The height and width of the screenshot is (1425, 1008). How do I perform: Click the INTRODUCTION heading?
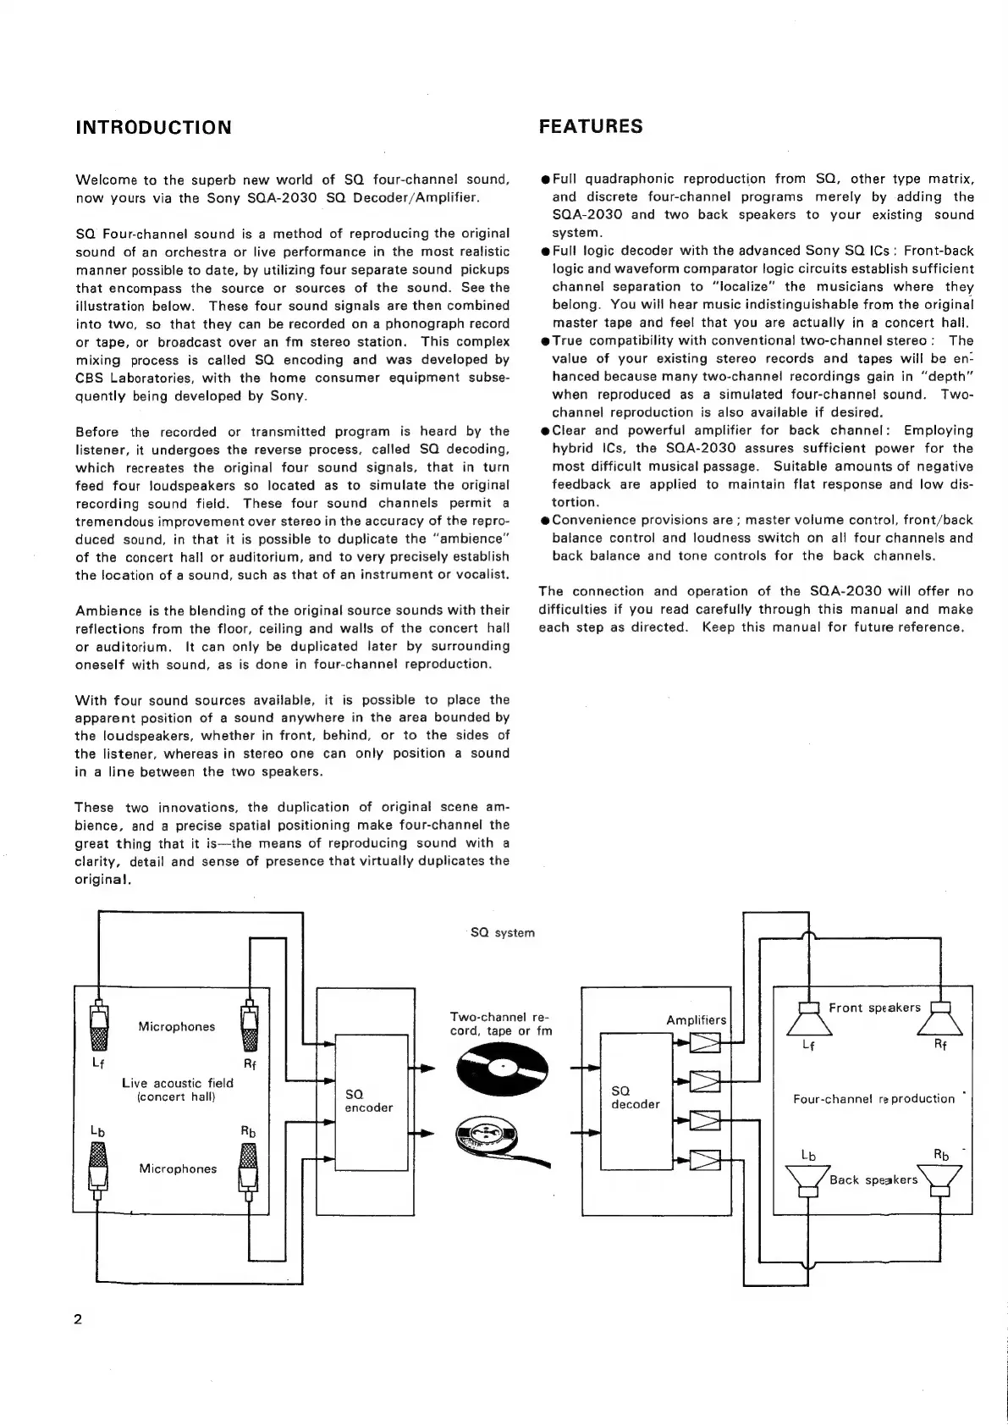[153, 128]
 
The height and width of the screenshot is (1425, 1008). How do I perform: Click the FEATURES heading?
[591, 127]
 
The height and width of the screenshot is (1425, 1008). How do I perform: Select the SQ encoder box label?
[369, 1101]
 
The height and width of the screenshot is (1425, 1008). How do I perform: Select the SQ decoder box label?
[635, 1097]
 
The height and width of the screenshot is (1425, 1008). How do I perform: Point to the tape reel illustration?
[499, 1140]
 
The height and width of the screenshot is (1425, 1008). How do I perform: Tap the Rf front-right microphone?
[250, 1028]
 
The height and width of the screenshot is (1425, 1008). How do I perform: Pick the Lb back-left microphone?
[99, 1168]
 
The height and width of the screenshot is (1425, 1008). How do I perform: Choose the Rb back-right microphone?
[249, 1168]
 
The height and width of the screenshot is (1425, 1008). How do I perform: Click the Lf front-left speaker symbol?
[810, 1019]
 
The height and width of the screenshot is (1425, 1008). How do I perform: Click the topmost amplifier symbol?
[705, 1042]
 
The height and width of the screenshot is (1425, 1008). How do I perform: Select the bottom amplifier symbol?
[705, 1159]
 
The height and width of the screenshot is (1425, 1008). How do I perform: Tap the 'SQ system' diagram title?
[503, 933]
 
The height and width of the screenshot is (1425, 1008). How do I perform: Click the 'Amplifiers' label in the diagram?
[697, 1020]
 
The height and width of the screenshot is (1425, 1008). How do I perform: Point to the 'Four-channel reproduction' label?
[873, 1099]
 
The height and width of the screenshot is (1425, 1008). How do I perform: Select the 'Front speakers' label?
[874, 1008]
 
